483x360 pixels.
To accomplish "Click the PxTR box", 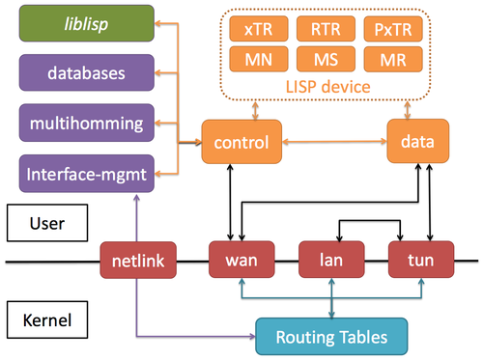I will coord(397,31).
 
